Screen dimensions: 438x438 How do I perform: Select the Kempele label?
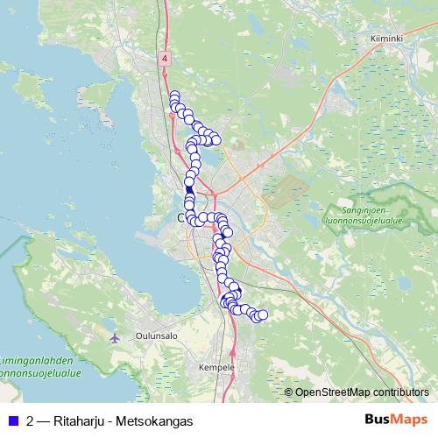216,367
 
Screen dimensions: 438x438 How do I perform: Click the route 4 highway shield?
164,58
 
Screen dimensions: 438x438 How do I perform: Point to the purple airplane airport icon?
115,338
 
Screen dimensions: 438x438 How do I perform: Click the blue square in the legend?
12,420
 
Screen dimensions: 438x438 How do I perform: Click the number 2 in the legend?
31,420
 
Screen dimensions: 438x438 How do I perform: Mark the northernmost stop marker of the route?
174,95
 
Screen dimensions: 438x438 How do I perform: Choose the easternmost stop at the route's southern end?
262,314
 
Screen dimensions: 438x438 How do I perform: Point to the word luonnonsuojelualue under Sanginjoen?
366,221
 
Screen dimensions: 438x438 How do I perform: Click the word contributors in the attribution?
399,392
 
